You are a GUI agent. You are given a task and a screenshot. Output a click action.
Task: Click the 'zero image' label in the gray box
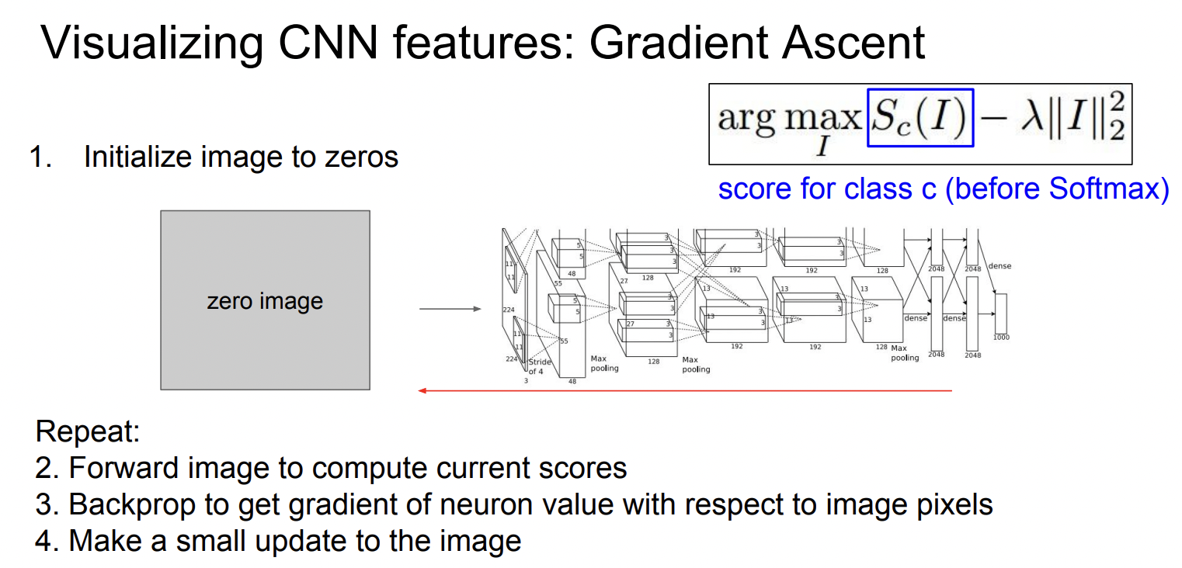click(x=265, y=300)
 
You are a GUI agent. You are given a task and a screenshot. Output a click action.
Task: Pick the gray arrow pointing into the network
click(x=450, y=310)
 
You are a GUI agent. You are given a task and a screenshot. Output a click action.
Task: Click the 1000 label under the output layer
click(x=1001, y=338)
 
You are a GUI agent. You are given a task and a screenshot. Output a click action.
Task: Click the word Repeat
click(x=87, y=431)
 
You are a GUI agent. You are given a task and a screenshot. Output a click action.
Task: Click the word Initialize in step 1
click(x=141, y=158)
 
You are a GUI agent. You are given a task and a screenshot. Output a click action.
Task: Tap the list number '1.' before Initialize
click(x=40, y=158)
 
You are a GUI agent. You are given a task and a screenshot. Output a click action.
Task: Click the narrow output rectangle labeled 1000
click(x=1001, y=313)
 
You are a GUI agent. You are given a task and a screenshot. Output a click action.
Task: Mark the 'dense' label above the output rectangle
click(x=999, y=266)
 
